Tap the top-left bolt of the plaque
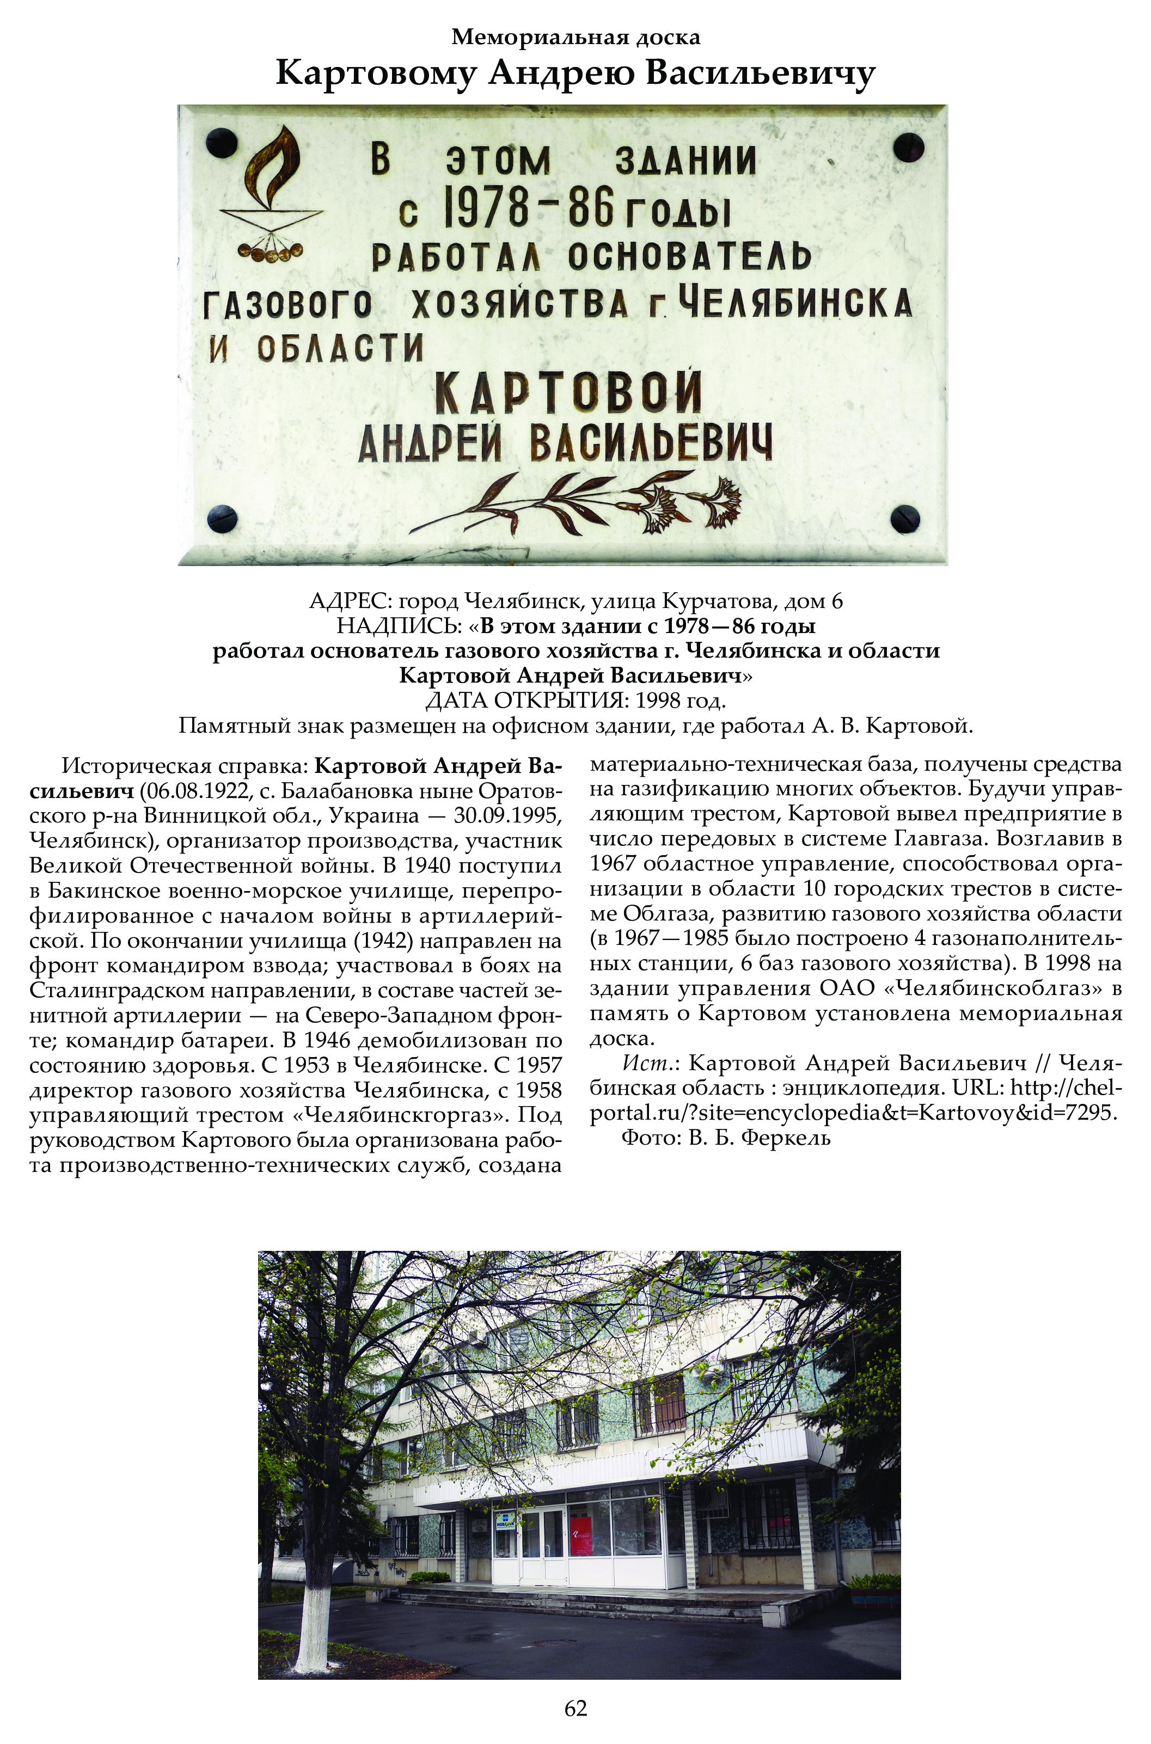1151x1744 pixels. pos(221,143)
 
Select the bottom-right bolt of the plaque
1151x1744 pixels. pos(904,519)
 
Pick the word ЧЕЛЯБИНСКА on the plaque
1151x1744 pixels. pos(795,303)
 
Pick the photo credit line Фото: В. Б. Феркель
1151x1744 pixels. pos(726,1138)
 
